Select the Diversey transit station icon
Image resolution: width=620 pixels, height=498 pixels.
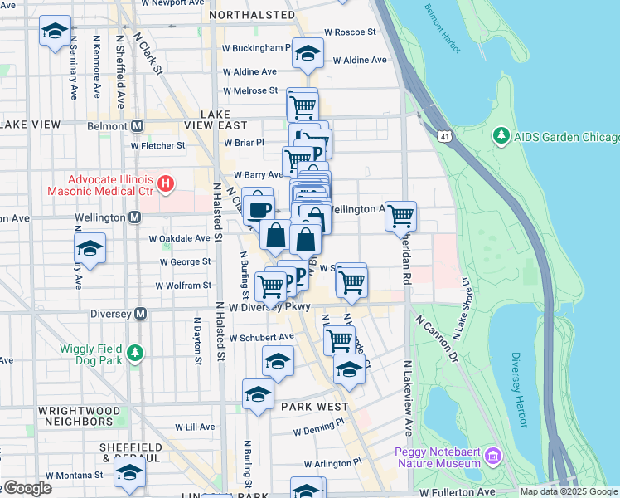(140, 314)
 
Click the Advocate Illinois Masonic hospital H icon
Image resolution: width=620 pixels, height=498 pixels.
(166, 183)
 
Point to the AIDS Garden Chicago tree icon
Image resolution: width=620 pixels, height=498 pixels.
(500, 135)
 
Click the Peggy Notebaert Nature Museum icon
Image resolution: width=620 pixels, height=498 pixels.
(494, 456)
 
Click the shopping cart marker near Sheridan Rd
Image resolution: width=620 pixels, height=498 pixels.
(401, 215)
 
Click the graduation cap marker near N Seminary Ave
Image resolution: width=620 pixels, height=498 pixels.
(56, 32)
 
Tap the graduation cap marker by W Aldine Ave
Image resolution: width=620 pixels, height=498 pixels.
(308, 54)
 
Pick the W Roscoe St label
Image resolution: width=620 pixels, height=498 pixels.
(350, 32)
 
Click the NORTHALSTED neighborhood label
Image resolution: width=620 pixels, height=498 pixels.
(252, 15)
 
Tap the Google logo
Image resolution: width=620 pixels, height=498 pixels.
(27, 488)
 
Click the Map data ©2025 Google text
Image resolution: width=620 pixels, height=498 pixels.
(568, 491)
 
